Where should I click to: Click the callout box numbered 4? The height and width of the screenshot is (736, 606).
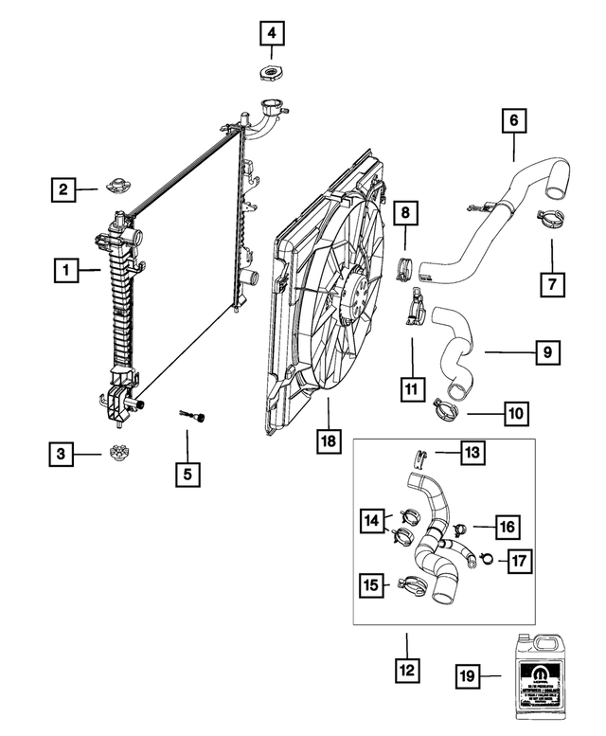coord(272,35)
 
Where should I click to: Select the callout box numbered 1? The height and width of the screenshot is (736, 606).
coord(66,271)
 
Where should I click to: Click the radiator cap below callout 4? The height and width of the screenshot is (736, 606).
coord(272,73)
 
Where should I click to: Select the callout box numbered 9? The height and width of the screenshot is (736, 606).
coord(546,351)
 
